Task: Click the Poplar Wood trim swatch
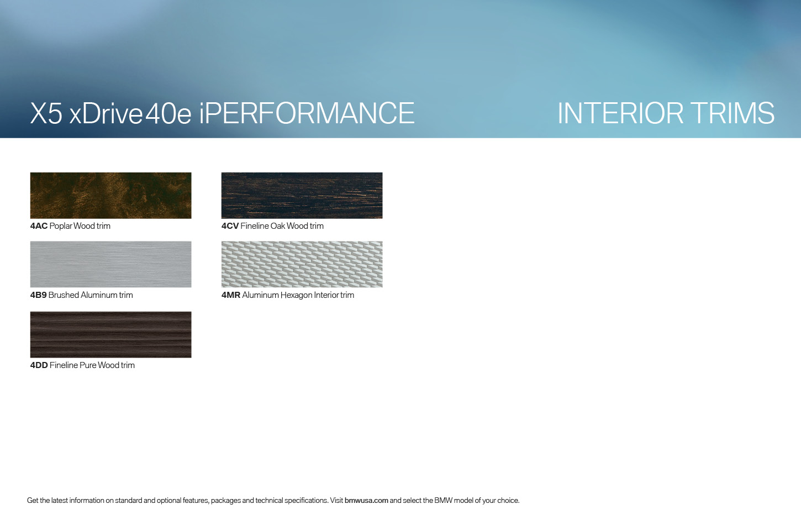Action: (x=111, y=196)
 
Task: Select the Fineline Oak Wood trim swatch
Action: (x=302, y=196)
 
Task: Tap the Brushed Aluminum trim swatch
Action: (x=111, y=264)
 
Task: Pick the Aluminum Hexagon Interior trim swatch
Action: (x=302, y=264)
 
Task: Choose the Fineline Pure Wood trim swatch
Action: (x=111, y=335)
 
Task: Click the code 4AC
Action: (x=39, y=226)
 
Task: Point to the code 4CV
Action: (x=230, y=226)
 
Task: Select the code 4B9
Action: (x=39, y=295)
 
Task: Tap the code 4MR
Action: (x=231, y=295)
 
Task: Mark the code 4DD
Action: (x=39, y=365)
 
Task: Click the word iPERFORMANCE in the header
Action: (x=307, y=113)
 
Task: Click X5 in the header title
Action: (x=46, y=113)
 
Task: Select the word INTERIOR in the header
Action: (x=620, y=113)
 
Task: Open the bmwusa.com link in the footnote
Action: (x=366, y=500)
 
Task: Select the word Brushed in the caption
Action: (x=64, y=295)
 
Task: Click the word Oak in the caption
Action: (x=277, y=226)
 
